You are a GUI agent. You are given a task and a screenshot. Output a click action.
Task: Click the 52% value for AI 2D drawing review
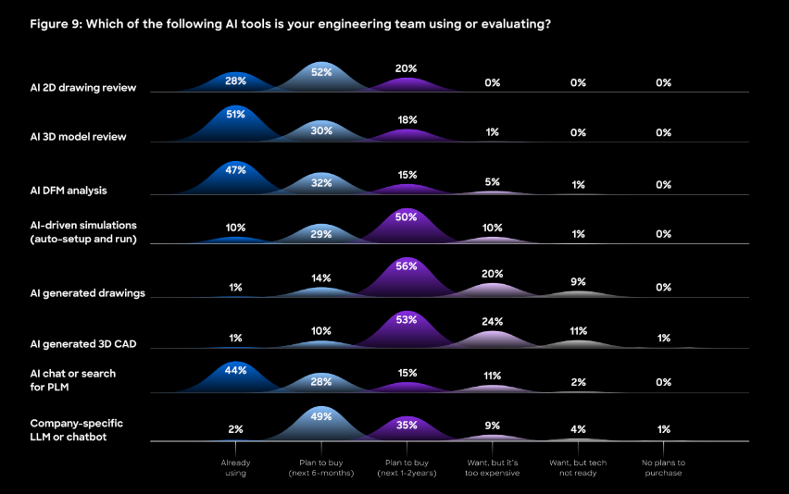pyautogui.click(x=321, y=72)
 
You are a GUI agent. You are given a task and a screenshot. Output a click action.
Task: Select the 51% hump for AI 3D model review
pyautogui.click(x=235, y=115)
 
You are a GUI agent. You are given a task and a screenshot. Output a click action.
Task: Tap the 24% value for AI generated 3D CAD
pyautogui.click(x=492, y=322)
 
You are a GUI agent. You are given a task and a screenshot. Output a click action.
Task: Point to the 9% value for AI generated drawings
pyautogui.click(x=578, y=282)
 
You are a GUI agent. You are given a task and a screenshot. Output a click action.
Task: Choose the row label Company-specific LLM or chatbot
pyautogui.click(x=76, y=429)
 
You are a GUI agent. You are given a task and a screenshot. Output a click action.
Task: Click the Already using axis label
pyautogui.click(x=235, y=467)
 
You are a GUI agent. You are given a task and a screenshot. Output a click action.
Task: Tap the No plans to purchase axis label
pyautogui.click(x=663, y=467)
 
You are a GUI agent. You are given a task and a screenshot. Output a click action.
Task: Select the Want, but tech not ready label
pyautogui.click(x=578, y=467)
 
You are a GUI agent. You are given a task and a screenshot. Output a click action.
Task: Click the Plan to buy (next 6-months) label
pyautogui.click(x=321, y=467)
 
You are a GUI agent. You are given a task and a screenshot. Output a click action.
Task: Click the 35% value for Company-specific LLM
pyautogui.click(x=407, y=426)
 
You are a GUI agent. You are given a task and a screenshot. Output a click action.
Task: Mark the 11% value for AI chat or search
pyautogui.click(x=492, y=376)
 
